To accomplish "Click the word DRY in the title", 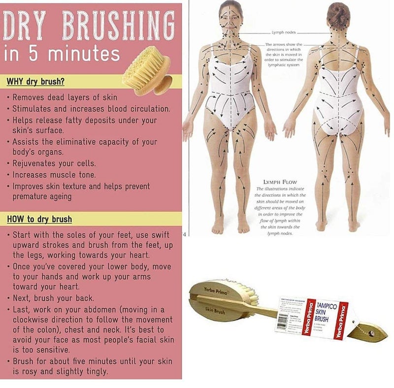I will (x=25, y=25).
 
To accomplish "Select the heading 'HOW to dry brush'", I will (x=39, y=219).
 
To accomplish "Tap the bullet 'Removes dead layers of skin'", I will (x=59, y=97).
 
